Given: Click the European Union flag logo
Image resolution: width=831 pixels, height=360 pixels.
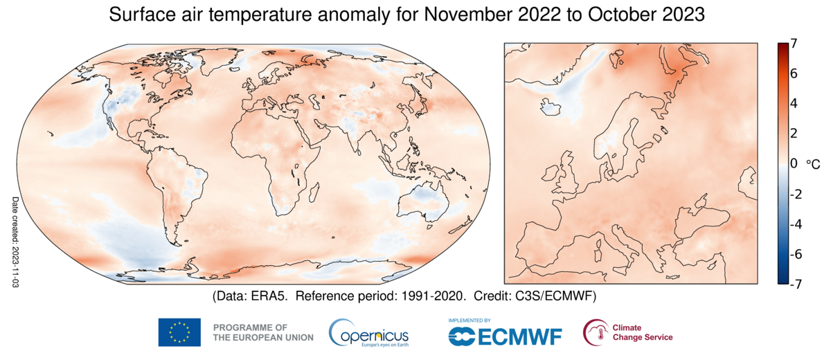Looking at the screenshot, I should coord(179,332).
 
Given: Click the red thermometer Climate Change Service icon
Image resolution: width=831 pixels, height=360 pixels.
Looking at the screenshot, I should coord(593,332).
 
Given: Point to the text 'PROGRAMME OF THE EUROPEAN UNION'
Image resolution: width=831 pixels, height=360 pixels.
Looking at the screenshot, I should coord(262,332).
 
